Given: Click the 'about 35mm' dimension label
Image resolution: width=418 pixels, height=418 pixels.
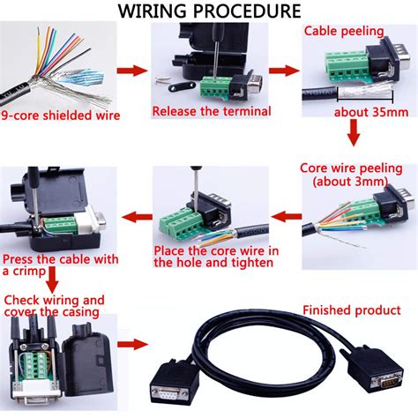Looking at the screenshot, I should coord(370,112).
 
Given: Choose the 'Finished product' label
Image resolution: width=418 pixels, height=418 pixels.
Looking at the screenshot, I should coord(352,310).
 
